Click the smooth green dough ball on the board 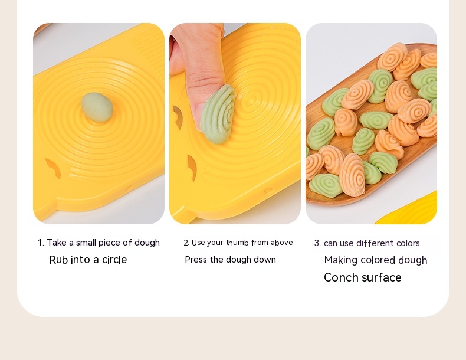point(97,107)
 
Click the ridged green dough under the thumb point(218,114)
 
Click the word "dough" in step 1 point(147,243)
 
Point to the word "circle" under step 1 point(114,260)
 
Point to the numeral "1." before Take point(41,243)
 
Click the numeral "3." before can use point(318,243)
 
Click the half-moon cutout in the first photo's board point(53,168)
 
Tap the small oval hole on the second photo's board point(268,190)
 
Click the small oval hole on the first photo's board point(129,188)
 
